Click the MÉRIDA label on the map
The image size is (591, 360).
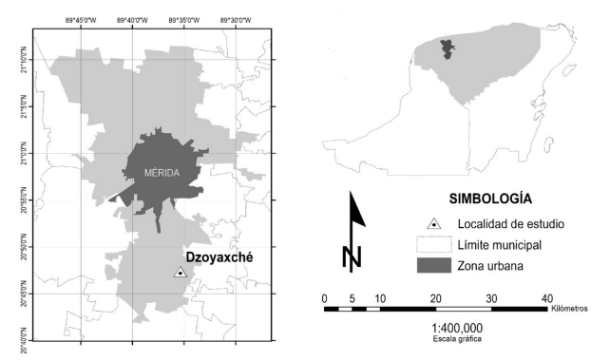click(161, 172)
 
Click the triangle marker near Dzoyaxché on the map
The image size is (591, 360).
click(180, 273)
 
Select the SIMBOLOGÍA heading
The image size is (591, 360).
click(488, 200)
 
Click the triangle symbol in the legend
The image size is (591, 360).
click(433, 224)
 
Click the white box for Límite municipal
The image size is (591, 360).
click(433, 245)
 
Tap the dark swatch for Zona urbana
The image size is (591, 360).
click(433, 266)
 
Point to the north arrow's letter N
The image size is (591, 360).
click(352, 256)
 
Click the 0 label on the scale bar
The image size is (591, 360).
click(325, 297)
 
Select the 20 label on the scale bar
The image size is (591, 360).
click(436, 297)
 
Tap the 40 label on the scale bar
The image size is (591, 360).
click(546, 297)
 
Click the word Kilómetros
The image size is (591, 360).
click(570, 309)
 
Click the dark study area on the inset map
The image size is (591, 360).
click(447, 48)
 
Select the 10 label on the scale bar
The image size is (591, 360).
click(380, 297)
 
